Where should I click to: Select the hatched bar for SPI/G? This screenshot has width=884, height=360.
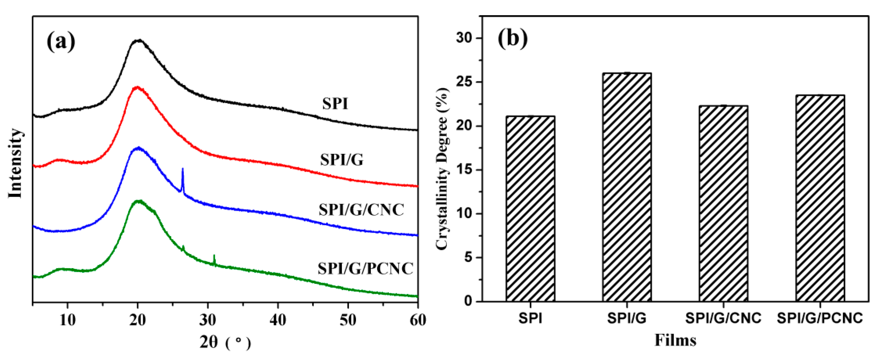pyautogui.click(x=627, y=187)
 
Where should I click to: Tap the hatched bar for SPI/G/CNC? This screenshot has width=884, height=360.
pyautogui.click(x=723, y=203)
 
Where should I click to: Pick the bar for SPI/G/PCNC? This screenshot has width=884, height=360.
pyautogui.click(x=820, y=198)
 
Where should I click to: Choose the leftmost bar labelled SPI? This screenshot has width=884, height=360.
pyautogui.click(x=530, y=209)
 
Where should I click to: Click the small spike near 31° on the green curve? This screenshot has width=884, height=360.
pyautogui.click(x=214, y=260)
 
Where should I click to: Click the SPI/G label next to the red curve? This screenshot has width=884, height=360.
pyautogui.click(x=341, y=160)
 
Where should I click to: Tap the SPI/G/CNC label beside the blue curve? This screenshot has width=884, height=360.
pyautogui.click(x=361, y=210)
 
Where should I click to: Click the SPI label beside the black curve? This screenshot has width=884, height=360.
pyautogui.click(x=335, y=104)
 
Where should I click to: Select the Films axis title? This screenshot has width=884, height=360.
pyautogui.click(x=675, y=340)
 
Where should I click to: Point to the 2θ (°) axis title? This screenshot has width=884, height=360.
pyautogui.click(x=225, y=342)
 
